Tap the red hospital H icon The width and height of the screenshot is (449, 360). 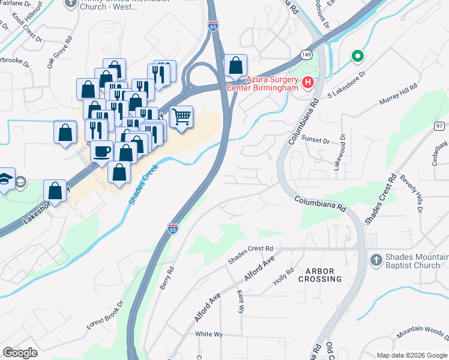[x=308, y=82]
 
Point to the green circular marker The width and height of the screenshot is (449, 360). [x=357, y=56]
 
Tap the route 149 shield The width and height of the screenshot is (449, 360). [x=307, y=55]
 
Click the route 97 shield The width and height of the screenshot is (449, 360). [x=440, y=125]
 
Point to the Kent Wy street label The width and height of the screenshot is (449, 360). [x=241, y=302]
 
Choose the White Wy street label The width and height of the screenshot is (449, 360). [x=209, y=334]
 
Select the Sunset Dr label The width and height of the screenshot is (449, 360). [x=318, y=141]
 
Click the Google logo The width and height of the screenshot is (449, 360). [x=20, y=353]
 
